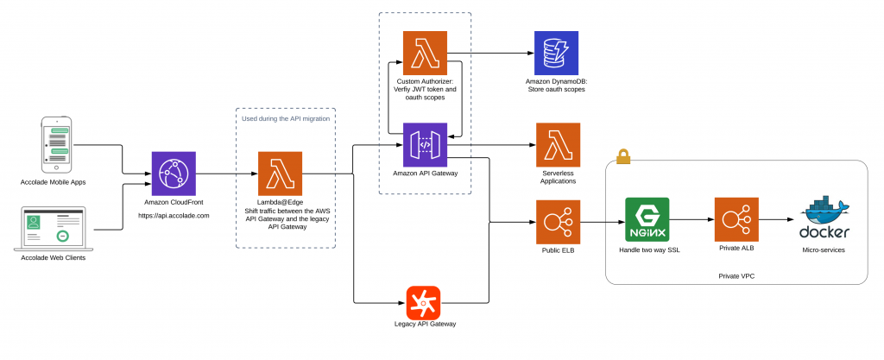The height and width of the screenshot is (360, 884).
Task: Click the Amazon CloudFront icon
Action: click(x=174, y=174)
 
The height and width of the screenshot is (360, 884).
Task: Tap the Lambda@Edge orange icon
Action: click(x=281, y=174)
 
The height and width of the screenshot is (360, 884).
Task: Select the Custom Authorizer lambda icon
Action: click(x=426, y=53)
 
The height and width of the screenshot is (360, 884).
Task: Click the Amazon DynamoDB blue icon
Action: click(x=556, y=53)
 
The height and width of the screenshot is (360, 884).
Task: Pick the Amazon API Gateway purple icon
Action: click(x=426, y=145)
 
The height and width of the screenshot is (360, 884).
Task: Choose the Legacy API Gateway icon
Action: click(x=424, y=302)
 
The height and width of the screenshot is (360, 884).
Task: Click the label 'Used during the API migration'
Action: click(x=286, y=118)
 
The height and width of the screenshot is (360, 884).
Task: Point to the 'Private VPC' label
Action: click(x=736, y=276)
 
